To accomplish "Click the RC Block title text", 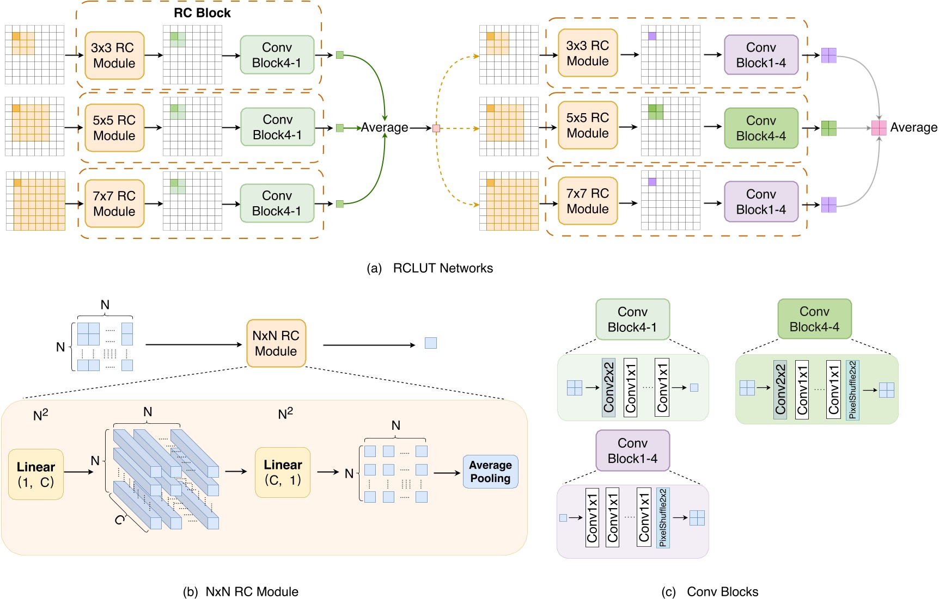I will point(202,13).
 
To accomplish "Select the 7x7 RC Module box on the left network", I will point(114,203).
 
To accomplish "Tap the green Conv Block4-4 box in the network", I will point(760,128).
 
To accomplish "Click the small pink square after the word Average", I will point(436,128).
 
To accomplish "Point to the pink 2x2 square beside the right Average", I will point(879,128).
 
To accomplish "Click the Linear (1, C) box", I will point(36,474).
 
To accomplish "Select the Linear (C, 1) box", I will point(282,472).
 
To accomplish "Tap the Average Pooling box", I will point(490,472).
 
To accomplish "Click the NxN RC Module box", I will point(276,343).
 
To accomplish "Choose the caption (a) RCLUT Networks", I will point(430,268).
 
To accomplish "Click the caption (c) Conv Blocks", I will point(710,591).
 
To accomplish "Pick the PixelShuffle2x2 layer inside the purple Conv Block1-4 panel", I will point(663,517).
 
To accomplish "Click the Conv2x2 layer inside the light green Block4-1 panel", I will point(608,387).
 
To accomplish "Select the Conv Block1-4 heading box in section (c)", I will point(632,451).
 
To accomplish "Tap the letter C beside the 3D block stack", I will point(119,520).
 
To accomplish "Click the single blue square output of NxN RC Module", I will point(430,343).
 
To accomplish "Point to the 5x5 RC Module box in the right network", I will point(587,126).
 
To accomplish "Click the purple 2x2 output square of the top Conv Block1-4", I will point(828,55).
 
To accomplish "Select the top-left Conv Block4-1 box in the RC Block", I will point(277,55).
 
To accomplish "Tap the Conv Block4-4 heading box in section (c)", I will point(814,319).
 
